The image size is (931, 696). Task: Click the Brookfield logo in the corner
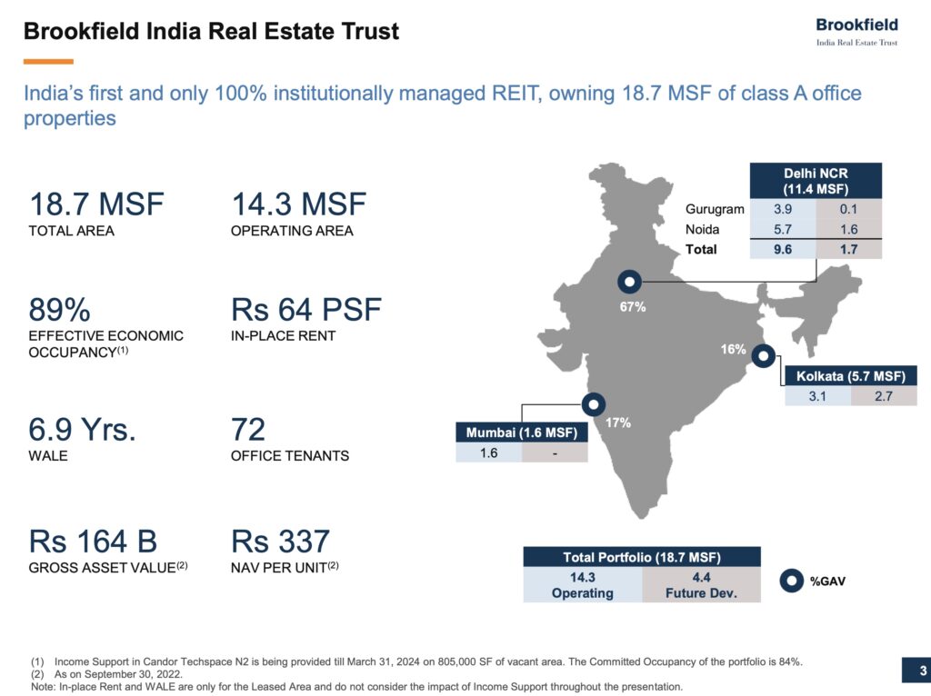tap(856, 32)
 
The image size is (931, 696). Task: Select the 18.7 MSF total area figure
tap(96, 204)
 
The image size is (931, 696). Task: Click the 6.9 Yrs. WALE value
tap(83, 429)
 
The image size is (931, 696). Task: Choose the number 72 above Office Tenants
tap(248, 429)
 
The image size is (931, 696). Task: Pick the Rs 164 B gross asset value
tap(94, 542)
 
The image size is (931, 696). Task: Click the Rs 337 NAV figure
tap(281, 542)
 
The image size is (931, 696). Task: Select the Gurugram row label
tap(715, 209)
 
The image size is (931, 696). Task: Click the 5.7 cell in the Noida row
tap(781, 229)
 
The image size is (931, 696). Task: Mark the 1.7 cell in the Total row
tap(848, 249)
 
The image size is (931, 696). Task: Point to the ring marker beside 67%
tap(629, 282)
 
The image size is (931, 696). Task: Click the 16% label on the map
tap(733, 349)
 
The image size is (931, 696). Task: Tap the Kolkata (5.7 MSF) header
tap(851, 376)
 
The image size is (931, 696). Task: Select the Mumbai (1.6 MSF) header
tap(521, 433)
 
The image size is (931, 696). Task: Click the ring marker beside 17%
tap(594, 403)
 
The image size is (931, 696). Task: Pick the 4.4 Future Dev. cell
tap(701, 584)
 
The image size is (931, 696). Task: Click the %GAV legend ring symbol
tap(791, 580)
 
